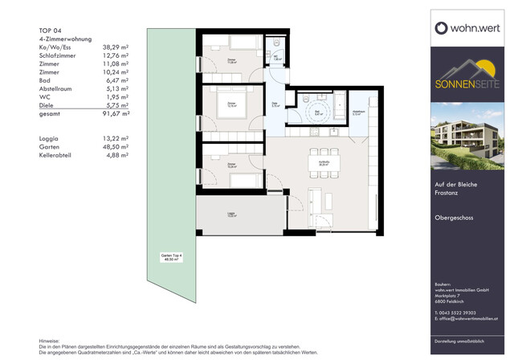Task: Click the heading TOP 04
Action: [50, 31]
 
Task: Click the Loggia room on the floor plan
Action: [231, 215]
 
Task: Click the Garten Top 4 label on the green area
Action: [170, 257]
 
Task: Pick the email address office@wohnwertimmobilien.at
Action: [471, 319]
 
